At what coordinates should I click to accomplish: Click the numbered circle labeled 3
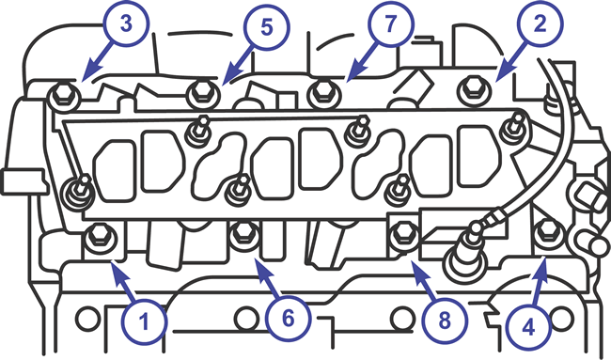click(126, 23)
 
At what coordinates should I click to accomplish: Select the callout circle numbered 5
click(267, 27)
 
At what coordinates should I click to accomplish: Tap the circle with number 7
click(391, 23)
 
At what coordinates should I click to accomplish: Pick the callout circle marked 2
click(540, 24)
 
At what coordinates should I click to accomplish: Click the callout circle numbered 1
click(144, 321)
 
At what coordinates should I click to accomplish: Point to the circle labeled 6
click(288, 319)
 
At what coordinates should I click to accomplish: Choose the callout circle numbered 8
click(445, 321)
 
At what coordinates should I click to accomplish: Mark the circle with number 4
click(529, 328)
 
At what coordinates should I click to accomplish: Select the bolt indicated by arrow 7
click(323, 93)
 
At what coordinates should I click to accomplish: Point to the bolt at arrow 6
click(244, 235)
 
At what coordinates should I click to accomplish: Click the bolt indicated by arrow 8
click(405, 234)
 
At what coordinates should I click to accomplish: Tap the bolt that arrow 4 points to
click(548, 233)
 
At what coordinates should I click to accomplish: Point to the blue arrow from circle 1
click(122, 282)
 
